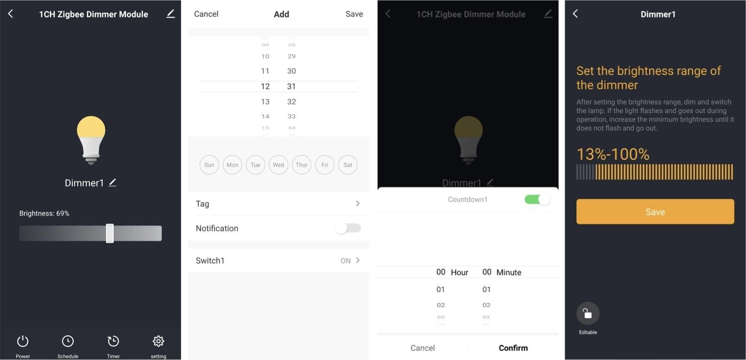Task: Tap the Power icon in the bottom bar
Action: pos(23,341)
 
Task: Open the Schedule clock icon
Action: pos(68,341)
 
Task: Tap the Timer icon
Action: pos(113,341)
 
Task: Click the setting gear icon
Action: pos(158,341)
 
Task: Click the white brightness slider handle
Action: pos(110,233)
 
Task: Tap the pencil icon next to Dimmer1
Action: pos(112,183)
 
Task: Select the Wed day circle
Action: pos(278,165)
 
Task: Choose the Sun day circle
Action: pos(209,165)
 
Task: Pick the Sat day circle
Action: pos(348,165)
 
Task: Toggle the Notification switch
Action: pos(348,228)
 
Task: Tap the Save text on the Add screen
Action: pos(354,14)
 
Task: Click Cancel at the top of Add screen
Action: pos(206,14)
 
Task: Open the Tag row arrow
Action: pos(358,204)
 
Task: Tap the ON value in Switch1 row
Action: pos(346,261)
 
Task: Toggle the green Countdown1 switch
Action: pos(537,199)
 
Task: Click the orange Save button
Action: pos(655,212)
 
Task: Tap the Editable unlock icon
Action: pos(588,314)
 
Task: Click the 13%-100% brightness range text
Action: pos(613,154)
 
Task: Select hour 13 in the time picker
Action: pos(265,102)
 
